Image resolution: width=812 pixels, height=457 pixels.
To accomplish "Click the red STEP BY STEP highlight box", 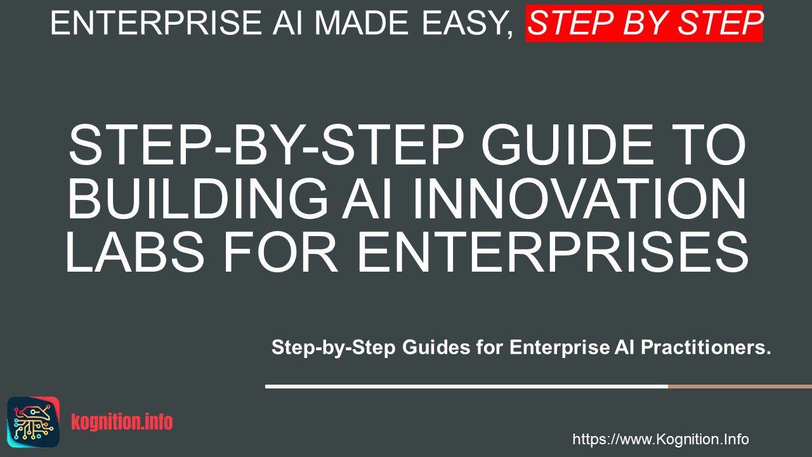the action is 644,23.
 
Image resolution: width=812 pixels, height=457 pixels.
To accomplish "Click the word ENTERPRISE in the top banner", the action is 156,23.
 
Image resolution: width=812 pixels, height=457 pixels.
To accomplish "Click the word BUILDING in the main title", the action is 197,199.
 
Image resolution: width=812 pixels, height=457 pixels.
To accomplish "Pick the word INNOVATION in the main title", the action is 579,199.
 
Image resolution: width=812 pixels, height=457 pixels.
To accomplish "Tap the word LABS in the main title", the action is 134,253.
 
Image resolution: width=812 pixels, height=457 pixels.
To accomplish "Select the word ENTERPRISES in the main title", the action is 553,253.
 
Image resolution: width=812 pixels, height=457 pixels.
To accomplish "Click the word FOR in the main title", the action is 280,253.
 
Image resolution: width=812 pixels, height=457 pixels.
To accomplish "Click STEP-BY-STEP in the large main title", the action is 266,145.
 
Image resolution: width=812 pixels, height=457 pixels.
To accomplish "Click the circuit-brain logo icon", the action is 34,422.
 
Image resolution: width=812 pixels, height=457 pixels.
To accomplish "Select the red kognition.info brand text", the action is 122,422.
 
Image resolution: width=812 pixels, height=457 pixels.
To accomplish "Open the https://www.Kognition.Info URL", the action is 660,439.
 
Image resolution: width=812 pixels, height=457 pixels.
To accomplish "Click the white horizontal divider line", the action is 466,387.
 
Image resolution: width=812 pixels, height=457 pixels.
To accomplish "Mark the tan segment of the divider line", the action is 740,387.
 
